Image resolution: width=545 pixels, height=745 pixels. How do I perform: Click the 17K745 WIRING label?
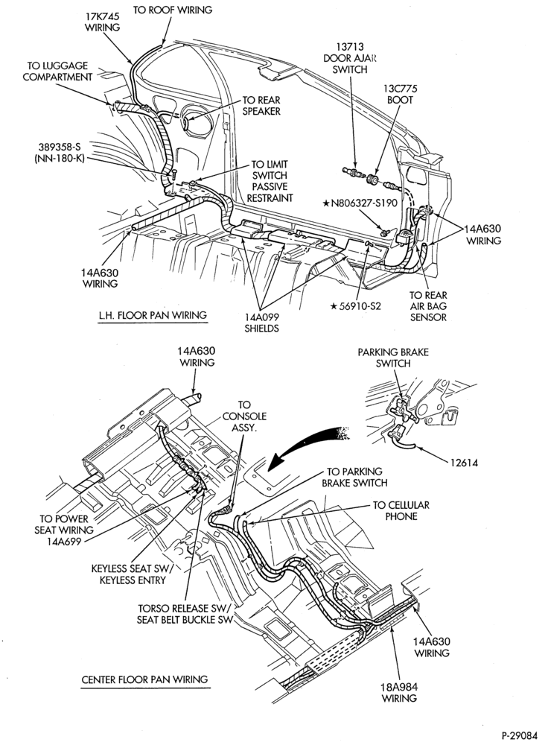pos(103,22)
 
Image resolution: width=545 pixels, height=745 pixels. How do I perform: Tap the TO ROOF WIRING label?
pos(172,10)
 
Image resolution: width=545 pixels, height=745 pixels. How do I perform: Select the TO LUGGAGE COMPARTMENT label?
pos(57,72)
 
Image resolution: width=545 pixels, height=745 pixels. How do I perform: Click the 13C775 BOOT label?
pos(400,94)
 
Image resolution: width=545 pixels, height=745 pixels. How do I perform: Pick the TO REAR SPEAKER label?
pos(261,106)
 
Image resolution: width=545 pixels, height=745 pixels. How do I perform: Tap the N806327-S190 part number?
pos(360,203)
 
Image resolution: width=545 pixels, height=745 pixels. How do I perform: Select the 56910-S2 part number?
pos(356,305)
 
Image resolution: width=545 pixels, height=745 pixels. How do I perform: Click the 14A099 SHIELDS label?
pos(261,322)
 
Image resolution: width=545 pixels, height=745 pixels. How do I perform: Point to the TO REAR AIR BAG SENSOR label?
pos(428,306)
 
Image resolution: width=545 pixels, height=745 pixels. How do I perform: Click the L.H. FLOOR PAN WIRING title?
pos(153,315)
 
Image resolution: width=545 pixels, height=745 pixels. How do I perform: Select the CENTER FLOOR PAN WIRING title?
pos(144,679)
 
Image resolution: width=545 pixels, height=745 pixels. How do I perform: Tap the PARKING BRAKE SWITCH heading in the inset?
pos(393,358)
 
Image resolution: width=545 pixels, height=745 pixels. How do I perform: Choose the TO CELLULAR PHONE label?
pos(401,510)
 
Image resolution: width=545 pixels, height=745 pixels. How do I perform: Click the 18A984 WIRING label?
pos(399,692)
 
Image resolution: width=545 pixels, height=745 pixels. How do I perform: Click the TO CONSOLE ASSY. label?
pos(244,416)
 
